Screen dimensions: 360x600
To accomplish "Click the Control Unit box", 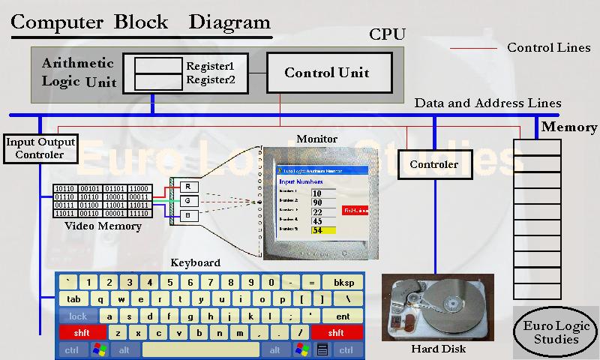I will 327,73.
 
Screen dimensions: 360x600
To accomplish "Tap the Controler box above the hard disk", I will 433,164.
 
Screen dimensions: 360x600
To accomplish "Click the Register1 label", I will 211,65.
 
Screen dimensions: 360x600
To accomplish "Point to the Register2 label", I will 211,79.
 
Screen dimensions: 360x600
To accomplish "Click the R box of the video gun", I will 187,186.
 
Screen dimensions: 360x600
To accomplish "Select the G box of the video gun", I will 187,201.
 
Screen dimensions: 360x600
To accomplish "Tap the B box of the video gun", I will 187,216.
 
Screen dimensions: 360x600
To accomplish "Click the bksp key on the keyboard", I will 343,283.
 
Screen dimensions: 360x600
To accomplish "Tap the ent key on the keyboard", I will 343,316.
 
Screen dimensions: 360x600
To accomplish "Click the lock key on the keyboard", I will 78,316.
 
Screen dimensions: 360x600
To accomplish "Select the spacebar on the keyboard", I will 201,349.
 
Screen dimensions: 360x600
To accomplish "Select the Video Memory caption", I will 103,226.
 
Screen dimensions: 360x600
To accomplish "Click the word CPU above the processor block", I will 387,34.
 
